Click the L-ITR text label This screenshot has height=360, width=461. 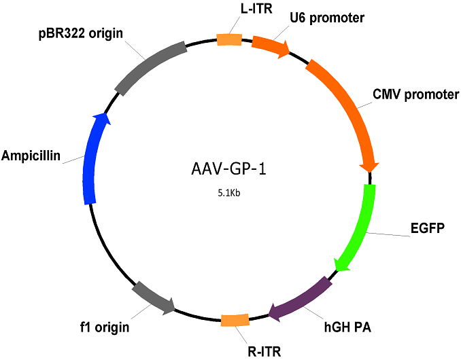256,9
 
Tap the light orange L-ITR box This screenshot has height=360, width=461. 229,39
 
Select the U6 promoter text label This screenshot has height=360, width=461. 327,18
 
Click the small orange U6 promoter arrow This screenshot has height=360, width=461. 271,46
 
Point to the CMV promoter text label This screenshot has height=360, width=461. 415,94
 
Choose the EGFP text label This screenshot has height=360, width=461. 428,228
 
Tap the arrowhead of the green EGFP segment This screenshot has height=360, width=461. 341,264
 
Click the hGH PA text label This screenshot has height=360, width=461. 347,327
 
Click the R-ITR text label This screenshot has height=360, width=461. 264,351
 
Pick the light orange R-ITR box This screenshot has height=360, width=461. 235,320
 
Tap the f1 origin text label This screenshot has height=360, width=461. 105,327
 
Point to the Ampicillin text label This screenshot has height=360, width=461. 31,156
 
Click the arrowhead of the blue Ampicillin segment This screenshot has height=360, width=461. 102,118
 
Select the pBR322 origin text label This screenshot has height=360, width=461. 81,33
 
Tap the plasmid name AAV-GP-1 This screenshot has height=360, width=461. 228,169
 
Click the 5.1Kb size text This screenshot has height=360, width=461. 229,193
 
